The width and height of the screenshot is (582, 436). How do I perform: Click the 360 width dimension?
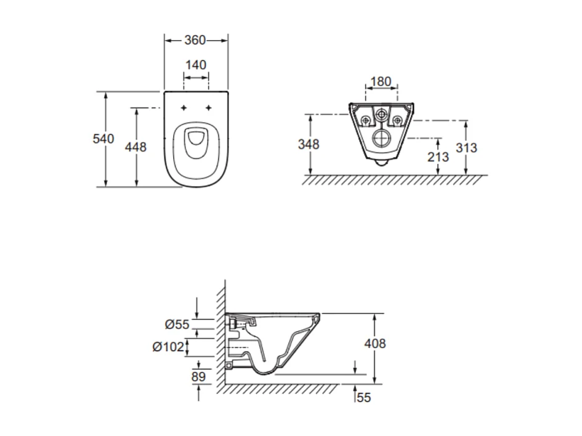(x=195, y=41)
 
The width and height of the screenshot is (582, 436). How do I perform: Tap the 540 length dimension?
(x=103, y=139)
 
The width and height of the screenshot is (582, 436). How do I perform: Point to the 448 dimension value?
(x=135, y=147)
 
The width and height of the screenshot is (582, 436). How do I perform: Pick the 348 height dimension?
(x=309, y=144)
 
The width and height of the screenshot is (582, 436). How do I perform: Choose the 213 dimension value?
(x=438, y=157)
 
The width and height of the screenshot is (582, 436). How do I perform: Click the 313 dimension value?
(x=466, y=148)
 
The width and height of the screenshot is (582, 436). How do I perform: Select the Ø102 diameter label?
(x=169, y=347)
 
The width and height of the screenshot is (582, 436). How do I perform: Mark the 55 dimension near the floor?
(x=364, y=398)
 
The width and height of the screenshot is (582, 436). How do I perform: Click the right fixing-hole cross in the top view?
(x=209, y=108)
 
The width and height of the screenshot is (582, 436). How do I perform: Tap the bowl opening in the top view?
(x=196, y=140)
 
